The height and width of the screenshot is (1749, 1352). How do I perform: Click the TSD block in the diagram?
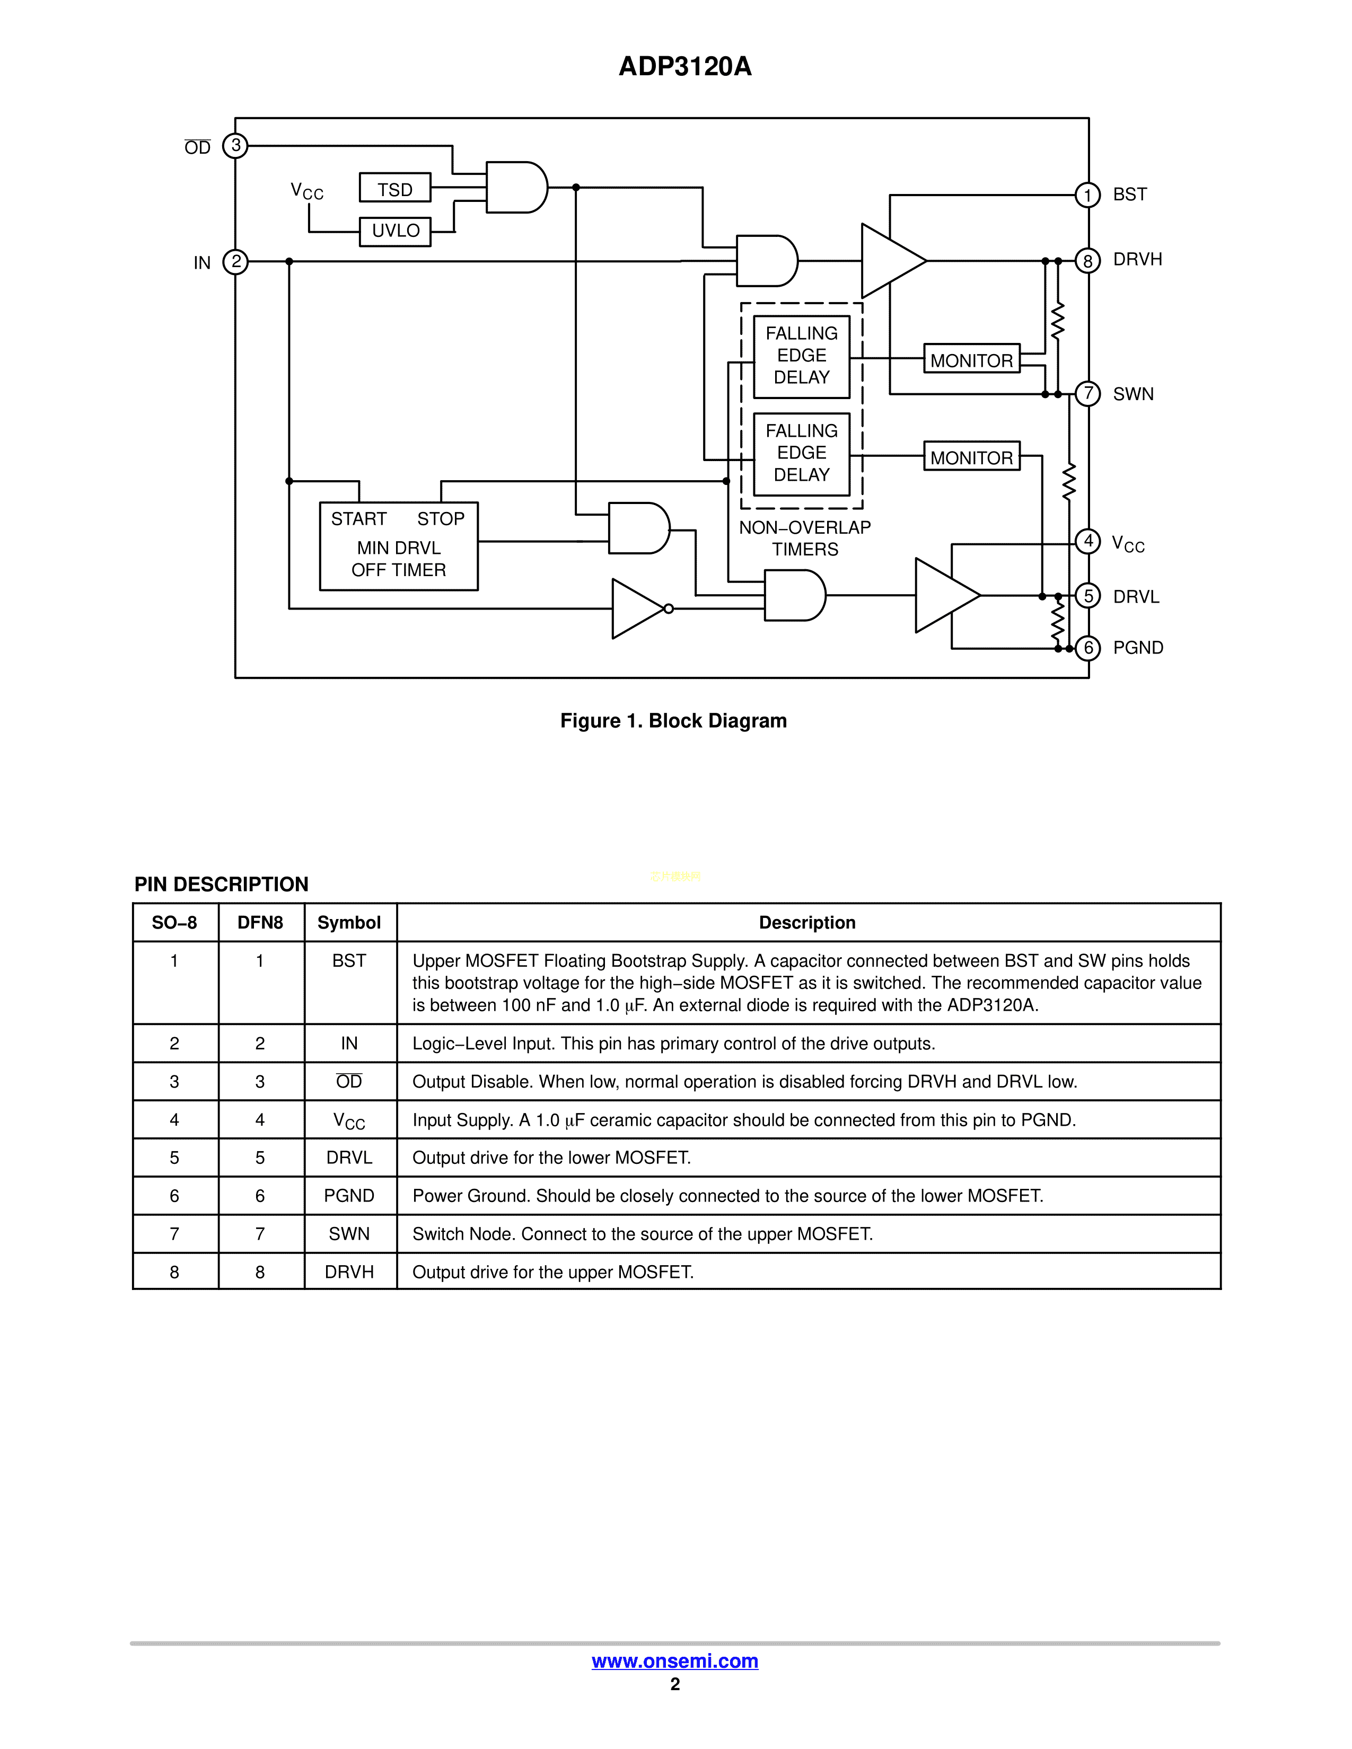395,189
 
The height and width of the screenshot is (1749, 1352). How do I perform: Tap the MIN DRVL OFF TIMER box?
398,546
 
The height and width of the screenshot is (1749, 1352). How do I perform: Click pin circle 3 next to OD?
235,146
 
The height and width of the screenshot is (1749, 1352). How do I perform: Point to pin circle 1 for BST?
1087,195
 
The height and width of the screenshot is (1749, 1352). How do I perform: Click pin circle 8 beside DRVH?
1087,261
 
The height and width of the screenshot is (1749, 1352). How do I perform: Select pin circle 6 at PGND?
1087,648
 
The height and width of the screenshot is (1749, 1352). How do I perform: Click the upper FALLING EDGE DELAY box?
801,356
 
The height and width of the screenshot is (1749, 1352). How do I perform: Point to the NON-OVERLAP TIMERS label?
804,538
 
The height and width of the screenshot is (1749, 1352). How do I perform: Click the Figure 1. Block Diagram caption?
673,721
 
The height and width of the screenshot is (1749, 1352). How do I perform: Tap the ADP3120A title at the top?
685,66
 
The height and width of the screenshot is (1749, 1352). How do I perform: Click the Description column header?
807,923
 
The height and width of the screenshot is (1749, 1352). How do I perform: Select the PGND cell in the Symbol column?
349,1196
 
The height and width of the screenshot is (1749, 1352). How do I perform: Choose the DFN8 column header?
260,923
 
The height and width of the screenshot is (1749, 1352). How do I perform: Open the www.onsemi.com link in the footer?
674,1661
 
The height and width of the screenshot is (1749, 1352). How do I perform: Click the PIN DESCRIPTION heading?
221,884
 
